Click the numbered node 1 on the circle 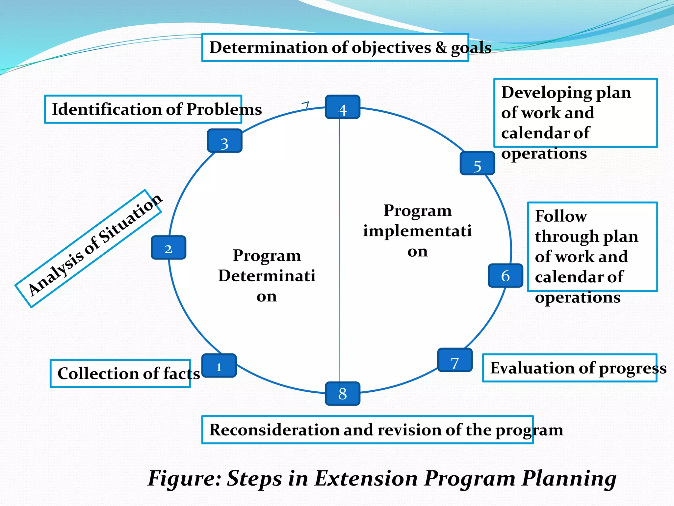[219, 366]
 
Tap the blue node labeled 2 [168, 248]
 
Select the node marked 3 [225, 141]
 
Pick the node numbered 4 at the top [343, 107]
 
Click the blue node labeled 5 [477, 163]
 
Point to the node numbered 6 [505, 276]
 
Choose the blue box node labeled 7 [455, 360]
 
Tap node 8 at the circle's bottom [343, 394]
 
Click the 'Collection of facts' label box [120, 374]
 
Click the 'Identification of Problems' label [143, 109]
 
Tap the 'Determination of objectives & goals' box [335, 47]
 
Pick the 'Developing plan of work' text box [575, 113]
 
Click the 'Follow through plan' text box [592, 247]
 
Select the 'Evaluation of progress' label [570, 368]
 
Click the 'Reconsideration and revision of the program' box [367, 430]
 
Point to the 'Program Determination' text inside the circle [267, 276]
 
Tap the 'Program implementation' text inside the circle [417, 231]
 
